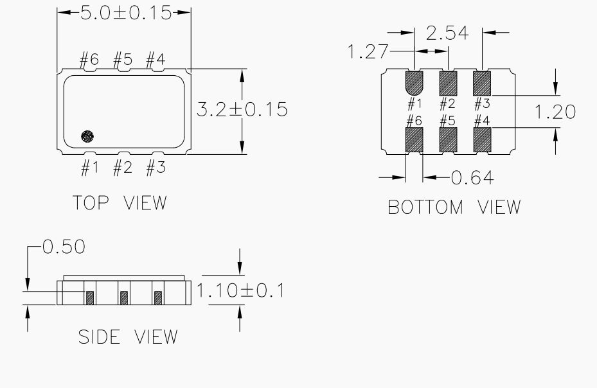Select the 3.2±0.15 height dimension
coord(242,109)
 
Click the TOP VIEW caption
coord(120,203)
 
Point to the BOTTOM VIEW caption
coord(454,207)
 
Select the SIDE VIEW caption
coord(128,337)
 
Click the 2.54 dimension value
coord(447,33)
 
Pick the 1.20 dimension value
coord(555,112)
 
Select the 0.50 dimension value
coord(63,247)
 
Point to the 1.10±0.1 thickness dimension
coord(240,290)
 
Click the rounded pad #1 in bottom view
coord(414,82)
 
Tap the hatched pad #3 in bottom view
coord(482,82)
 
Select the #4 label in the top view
coord(155,61)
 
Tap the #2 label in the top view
coord(123,168)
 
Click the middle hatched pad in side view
coord(123,297)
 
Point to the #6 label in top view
coord(89,61)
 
